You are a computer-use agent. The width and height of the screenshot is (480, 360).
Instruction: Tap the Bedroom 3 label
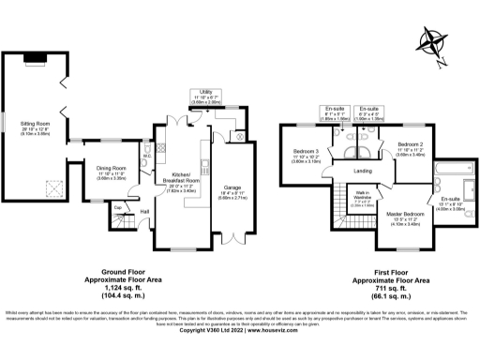pos(307,151)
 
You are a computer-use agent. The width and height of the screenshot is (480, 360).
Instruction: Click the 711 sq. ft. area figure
pos(390,286)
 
